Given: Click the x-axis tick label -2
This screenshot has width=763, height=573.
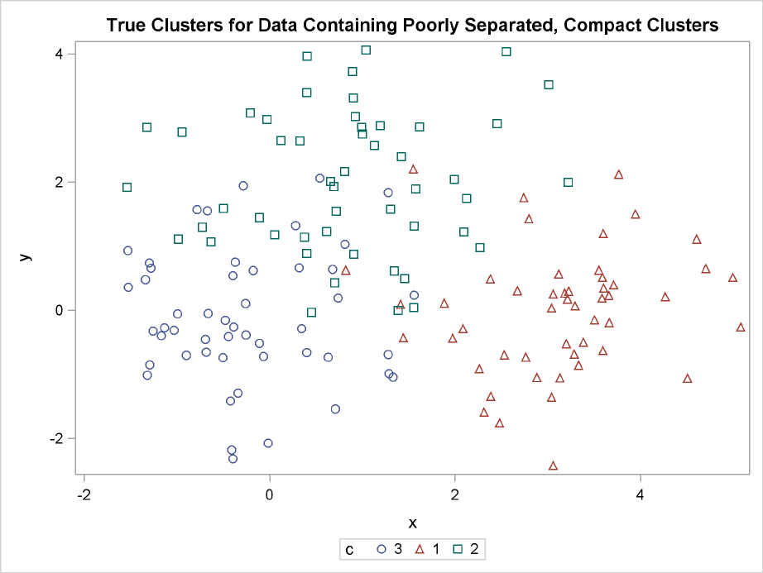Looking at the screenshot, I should (x=84, y=495).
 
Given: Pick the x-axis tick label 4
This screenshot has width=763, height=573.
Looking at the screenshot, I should (x=641, y=495).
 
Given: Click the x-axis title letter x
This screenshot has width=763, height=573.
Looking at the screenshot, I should (x=413, y=523).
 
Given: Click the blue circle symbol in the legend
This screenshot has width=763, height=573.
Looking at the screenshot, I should (x=382, y=548).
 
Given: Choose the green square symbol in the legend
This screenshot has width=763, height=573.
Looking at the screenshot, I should (x=456, y=548).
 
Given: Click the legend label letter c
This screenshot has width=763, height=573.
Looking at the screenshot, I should (x=350, y=548).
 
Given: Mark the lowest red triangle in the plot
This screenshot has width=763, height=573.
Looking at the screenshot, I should (x=553, y=466).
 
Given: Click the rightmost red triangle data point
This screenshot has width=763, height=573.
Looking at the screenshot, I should (x=741, y=327).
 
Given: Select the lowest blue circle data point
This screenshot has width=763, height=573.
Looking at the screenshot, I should (x=233, y=458).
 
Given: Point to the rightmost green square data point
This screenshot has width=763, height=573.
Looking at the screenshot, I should (x=568, y=182).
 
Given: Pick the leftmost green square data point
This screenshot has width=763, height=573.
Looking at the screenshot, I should (x=127, y=187).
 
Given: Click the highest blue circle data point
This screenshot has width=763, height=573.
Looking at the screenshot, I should (x=319, y=178).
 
